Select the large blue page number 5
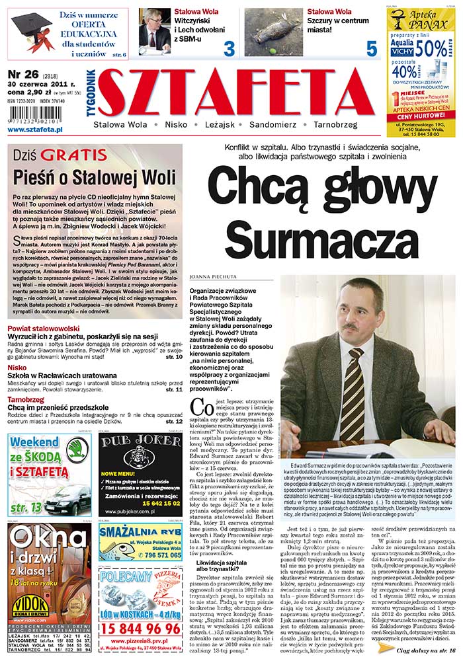[x=372, y=48]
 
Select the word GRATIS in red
[x=73, y=155]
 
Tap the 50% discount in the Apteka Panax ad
[x=431, y=47]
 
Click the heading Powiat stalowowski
[x=44, y=328]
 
